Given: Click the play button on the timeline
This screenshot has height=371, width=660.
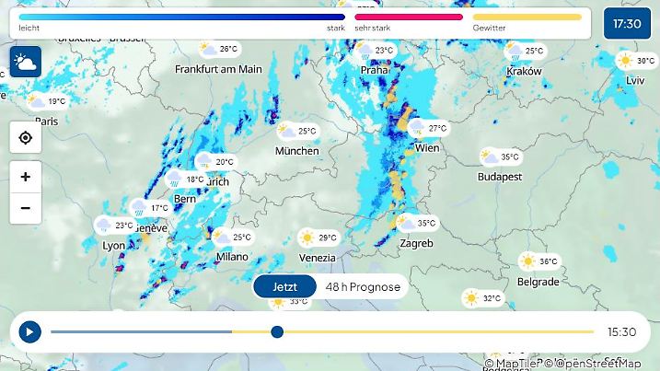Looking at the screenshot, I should click(x=29, y=331).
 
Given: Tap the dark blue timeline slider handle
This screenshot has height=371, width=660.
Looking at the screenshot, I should click(x=277, y=331).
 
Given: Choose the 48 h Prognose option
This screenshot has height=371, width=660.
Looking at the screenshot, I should click(x=363, y=286).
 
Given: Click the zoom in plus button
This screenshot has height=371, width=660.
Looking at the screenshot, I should click(x=25, y=177).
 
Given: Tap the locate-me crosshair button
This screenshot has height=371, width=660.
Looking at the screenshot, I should click(x=25, y=138).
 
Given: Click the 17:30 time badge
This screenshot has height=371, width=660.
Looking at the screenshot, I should click(x=627, y=23).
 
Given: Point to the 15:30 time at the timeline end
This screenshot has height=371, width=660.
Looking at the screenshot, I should click(x=621, y=332).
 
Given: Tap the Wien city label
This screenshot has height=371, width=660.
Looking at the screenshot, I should click(x=427, y=148).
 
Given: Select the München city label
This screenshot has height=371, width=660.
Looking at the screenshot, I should click(x=296, y=151).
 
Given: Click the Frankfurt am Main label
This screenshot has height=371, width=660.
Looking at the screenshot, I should click(x=219, y=69).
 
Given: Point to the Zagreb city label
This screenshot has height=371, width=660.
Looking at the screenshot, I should click(x=416, y=244).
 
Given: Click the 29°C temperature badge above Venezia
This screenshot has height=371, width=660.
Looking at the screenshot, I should click(x=318, y=238).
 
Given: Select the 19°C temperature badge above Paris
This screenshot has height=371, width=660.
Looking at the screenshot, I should click(x=48, y=101).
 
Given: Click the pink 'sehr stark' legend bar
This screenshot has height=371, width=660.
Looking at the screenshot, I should click(x=408, y=17).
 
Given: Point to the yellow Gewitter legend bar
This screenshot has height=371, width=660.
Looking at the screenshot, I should click(x=527, y=17).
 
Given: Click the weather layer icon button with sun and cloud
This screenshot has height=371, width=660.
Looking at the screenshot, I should click(x=25, y=63).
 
